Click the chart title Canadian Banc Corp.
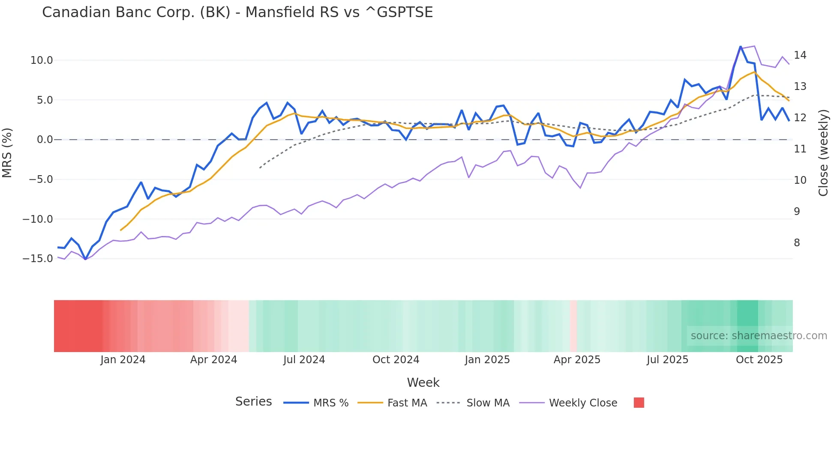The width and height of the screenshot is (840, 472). (237, 12)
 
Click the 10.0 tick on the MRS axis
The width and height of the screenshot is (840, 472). (42, 60)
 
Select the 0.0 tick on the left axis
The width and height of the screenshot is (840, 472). (45, 140)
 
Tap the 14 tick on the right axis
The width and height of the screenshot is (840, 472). (800, 55)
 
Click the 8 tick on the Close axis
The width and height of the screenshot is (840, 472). (797, 243)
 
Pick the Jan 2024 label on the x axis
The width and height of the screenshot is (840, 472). (123, 360)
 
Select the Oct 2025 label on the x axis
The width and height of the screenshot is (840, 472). (759, 360)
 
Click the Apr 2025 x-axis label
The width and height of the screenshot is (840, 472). (577, 360)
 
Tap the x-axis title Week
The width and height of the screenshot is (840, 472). (423, 382)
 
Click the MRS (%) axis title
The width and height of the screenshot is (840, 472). (7, 152)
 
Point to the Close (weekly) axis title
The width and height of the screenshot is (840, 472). (823, 152)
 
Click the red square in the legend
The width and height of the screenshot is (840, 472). (639, 403)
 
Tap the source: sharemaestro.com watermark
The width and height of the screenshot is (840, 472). (759, 336)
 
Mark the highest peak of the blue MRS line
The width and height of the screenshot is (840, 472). (740, 47)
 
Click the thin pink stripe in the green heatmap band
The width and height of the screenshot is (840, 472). (573, 326)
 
